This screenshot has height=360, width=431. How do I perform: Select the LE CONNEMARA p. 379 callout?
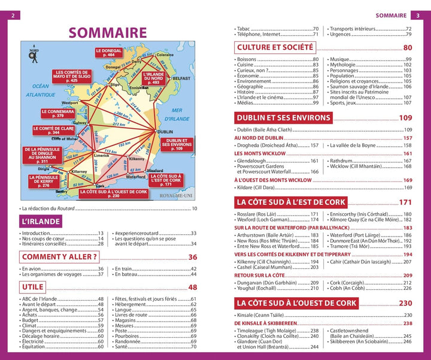pos(57,113)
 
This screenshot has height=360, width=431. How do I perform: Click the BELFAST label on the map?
pos(181,78)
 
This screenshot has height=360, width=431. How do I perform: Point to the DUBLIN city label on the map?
pos(165,132)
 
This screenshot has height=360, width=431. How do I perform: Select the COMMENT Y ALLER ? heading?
pos(59,258)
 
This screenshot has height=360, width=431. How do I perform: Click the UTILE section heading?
pos(33,288)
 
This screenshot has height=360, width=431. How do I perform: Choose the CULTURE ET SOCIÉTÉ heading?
pos(275,47)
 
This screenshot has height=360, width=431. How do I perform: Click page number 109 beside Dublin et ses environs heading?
pos(405,118)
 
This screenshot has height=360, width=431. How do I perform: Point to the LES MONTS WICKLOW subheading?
pos(260,153)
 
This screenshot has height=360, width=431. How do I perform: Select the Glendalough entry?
pos(254,161)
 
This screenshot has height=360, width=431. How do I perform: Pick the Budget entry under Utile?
pos(33,320)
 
